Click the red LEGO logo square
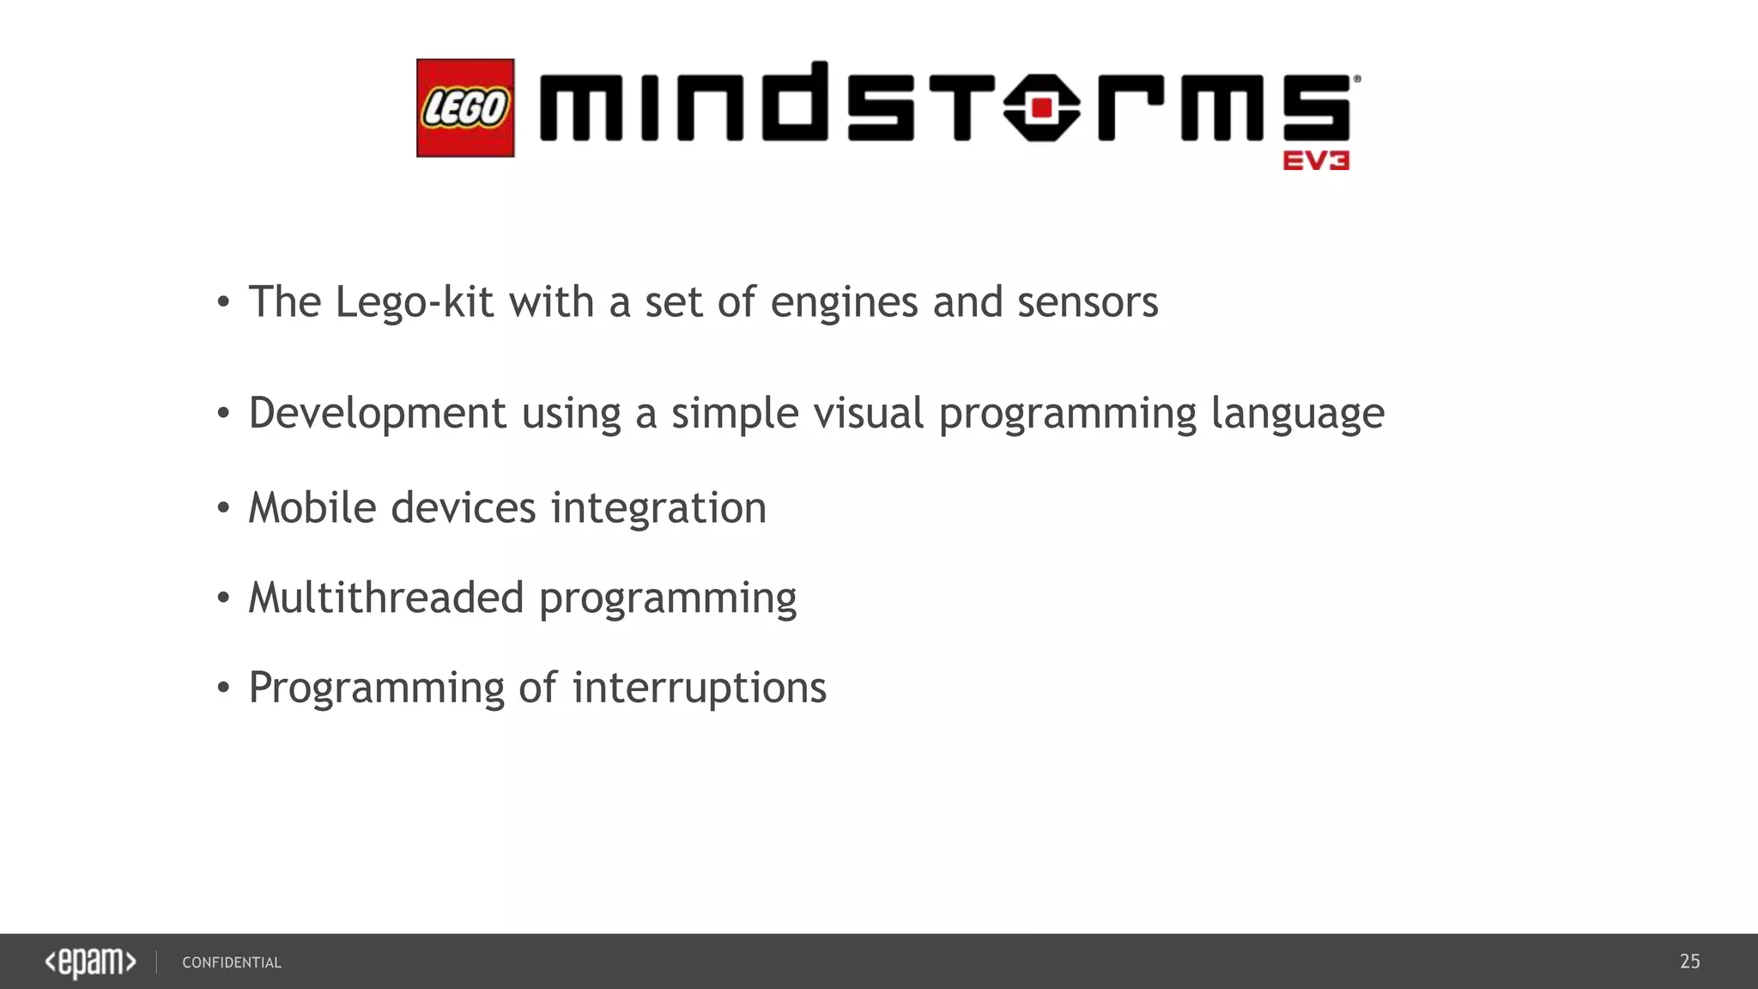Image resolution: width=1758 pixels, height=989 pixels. [x=465, y=108]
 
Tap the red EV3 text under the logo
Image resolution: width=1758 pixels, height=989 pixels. [x=1316, y=161]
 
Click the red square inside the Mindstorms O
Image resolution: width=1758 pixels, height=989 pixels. [x=1042, y=108]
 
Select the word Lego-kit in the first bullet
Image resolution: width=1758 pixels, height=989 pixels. [x=414, y=302]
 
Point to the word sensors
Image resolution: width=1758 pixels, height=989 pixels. [x=1088, y=302]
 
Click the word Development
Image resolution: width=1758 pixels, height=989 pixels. [x=378, y=415]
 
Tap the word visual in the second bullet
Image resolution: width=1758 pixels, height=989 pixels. [x=869, y=413]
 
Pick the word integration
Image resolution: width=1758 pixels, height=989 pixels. [x=658, y=509]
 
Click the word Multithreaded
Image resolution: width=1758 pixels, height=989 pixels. [x=386, y=598]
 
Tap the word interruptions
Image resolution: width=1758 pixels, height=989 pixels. [x=699, y=689]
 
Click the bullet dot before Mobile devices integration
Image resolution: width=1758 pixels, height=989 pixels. [x=223, y=508]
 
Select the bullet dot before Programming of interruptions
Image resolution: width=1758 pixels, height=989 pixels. [x=223, y=688]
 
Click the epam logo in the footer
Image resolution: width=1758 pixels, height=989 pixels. [x=90, y=962]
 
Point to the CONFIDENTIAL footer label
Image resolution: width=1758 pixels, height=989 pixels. [x=232, y=963]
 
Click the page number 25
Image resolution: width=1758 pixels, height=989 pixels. [x=1689, y=962]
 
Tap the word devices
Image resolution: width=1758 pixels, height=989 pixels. [x=464, y=507]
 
